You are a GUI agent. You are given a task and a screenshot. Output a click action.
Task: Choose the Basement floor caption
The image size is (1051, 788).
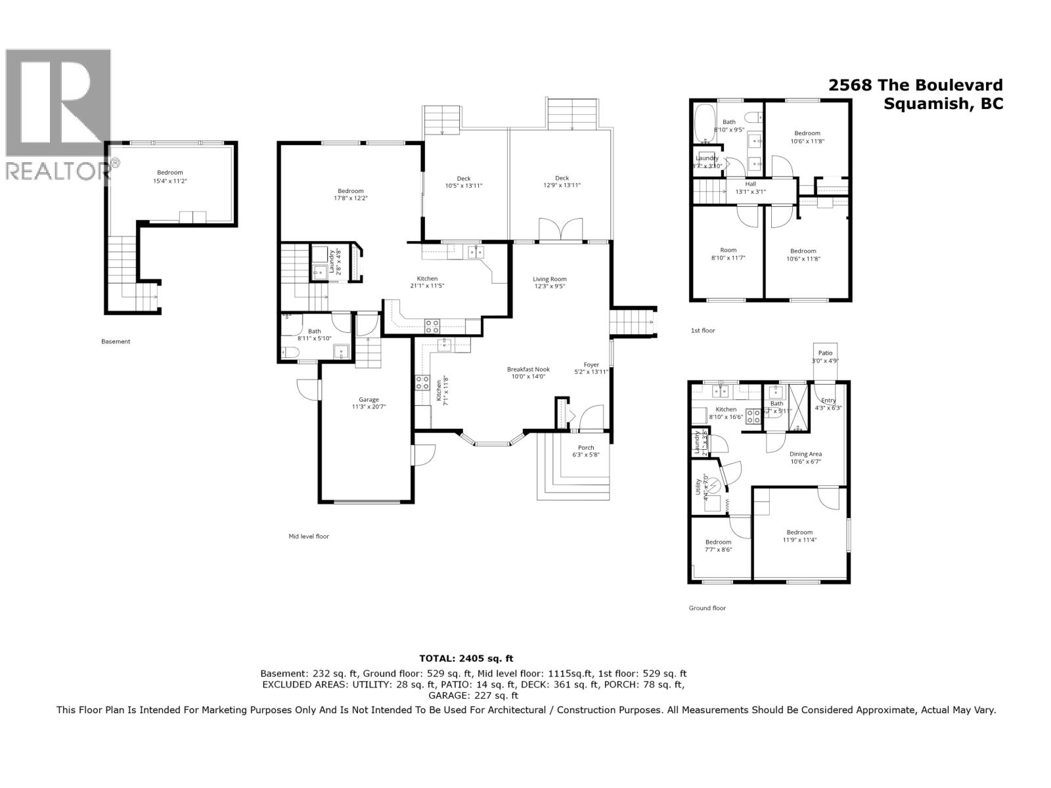pyautogui.click(x=116, y=341)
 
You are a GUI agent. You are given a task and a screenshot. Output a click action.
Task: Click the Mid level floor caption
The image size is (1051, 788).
pyautogui.click(x=309, y=536)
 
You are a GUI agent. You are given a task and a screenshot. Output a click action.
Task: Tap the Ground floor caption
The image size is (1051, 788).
pyautogui.click(x=707, y=608)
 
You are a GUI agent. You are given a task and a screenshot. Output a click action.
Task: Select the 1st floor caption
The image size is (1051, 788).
pyautogui.click(x=703, y=330)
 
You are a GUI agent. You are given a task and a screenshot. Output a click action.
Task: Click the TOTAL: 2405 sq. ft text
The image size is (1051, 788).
pyautogui.click(x=466, y=658)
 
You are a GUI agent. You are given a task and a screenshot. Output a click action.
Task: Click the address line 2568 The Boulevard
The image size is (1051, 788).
pyautogui.click(x=916, y=85)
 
